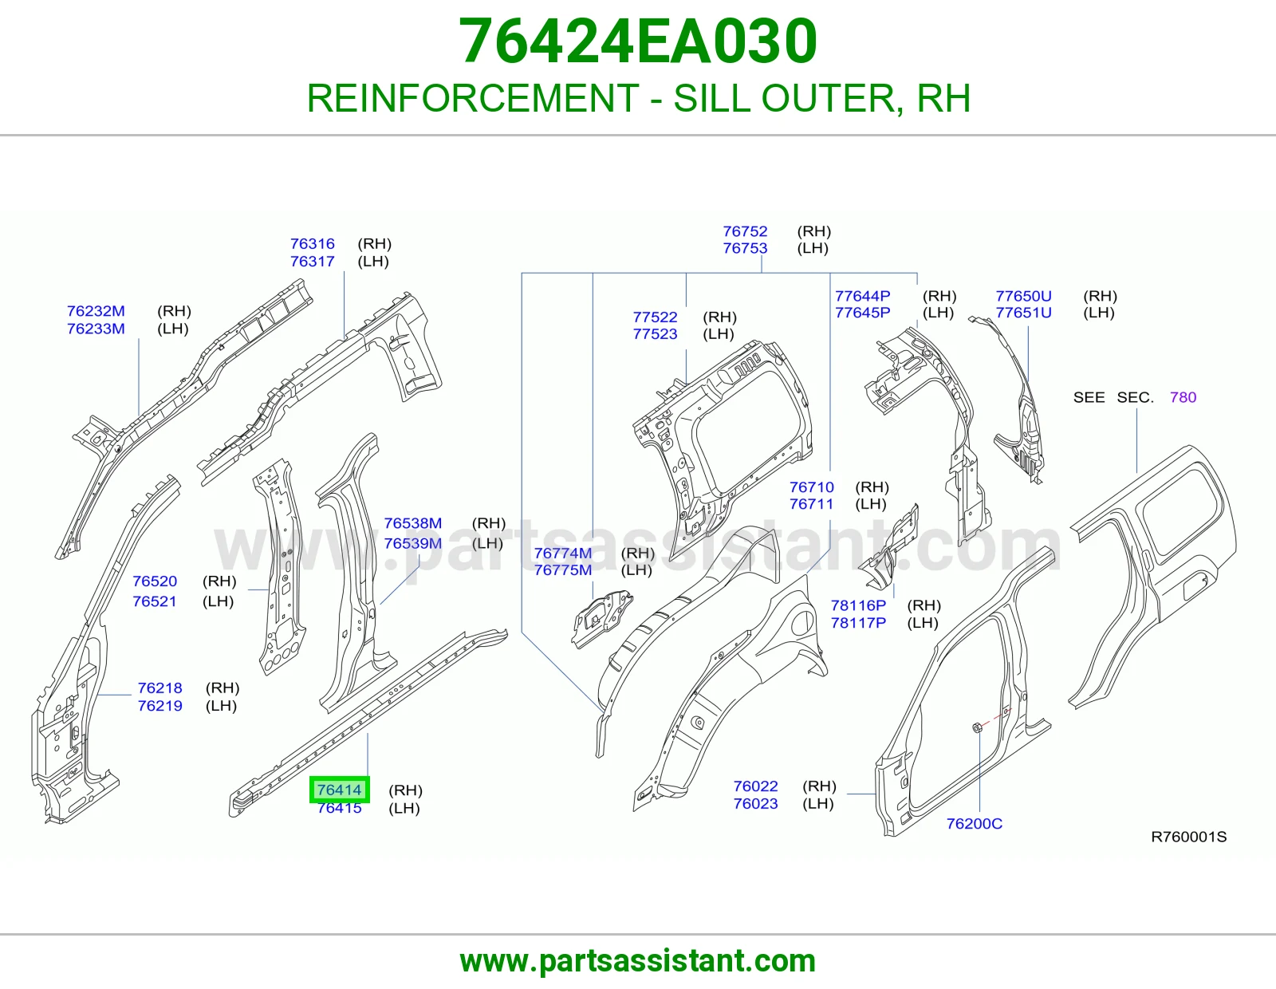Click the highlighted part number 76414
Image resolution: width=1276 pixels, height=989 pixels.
[340, 790]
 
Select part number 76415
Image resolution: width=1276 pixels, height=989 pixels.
[340, 808]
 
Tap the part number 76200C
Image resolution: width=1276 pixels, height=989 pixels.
[975, 824]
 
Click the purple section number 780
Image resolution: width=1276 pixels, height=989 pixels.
[1183, 398]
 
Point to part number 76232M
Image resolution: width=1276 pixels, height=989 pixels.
[96, 311]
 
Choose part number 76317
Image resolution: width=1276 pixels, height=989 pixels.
[313, 262]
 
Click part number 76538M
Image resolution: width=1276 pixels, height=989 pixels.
[413, 523]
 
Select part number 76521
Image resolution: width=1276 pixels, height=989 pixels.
[155, 601]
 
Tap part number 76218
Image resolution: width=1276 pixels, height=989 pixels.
[159, 688]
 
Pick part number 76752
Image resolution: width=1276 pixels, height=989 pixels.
[745, 231]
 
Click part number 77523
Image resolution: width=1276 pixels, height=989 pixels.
[656, 334]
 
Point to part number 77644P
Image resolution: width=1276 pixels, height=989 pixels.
[863, 296]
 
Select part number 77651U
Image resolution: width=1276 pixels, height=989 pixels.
[1023, 313]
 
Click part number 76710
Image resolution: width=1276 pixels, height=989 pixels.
[812, 487]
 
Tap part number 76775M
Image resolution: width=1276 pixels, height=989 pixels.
[563, 570]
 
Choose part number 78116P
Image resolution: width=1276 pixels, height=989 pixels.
[858, 605]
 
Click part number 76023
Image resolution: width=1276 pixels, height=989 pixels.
[756, 803]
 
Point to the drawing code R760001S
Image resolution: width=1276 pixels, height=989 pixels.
[1188, 837]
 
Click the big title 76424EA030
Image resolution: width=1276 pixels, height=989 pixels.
[638, 41]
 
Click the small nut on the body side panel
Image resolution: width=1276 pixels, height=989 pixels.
[977, 729]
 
